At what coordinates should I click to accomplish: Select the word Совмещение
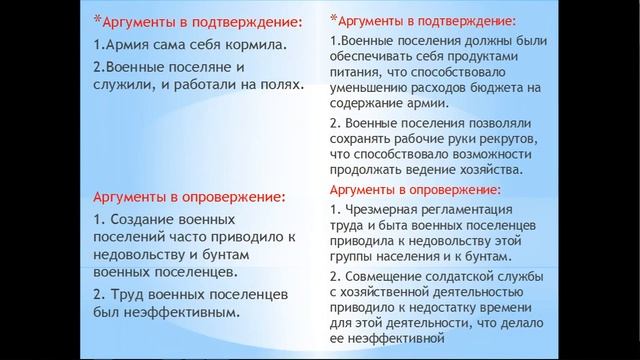tap(387, 275)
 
